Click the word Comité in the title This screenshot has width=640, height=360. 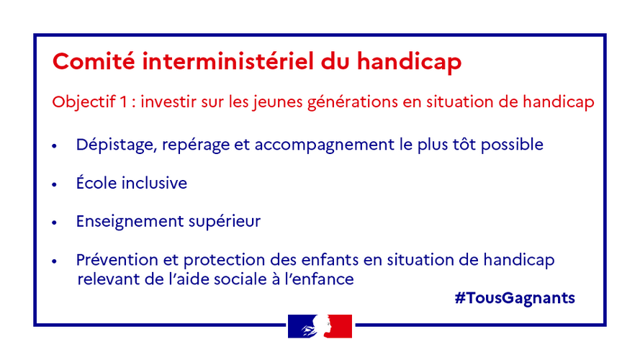tap(94, 61)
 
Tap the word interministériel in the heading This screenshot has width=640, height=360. tap(227, 61)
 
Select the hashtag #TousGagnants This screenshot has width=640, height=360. tap(515, 298)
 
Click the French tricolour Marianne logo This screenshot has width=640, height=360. tap(320, 326)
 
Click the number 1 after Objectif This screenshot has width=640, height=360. tap(124, 102)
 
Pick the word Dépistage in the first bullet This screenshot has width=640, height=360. tap(117, 145)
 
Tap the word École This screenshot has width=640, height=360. tap(96, 182)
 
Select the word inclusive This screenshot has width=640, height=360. tap(154, 183)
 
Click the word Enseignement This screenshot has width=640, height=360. tap(130, 222)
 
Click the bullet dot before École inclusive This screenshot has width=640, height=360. tap(55, 184)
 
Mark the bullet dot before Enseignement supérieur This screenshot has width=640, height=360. tap(55, 223)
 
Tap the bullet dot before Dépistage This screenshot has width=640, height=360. tap(55, 145)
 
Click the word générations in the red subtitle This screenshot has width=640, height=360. tap(353, 102)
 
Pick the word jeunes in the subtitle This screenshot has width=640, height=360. tap(278, 102)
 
